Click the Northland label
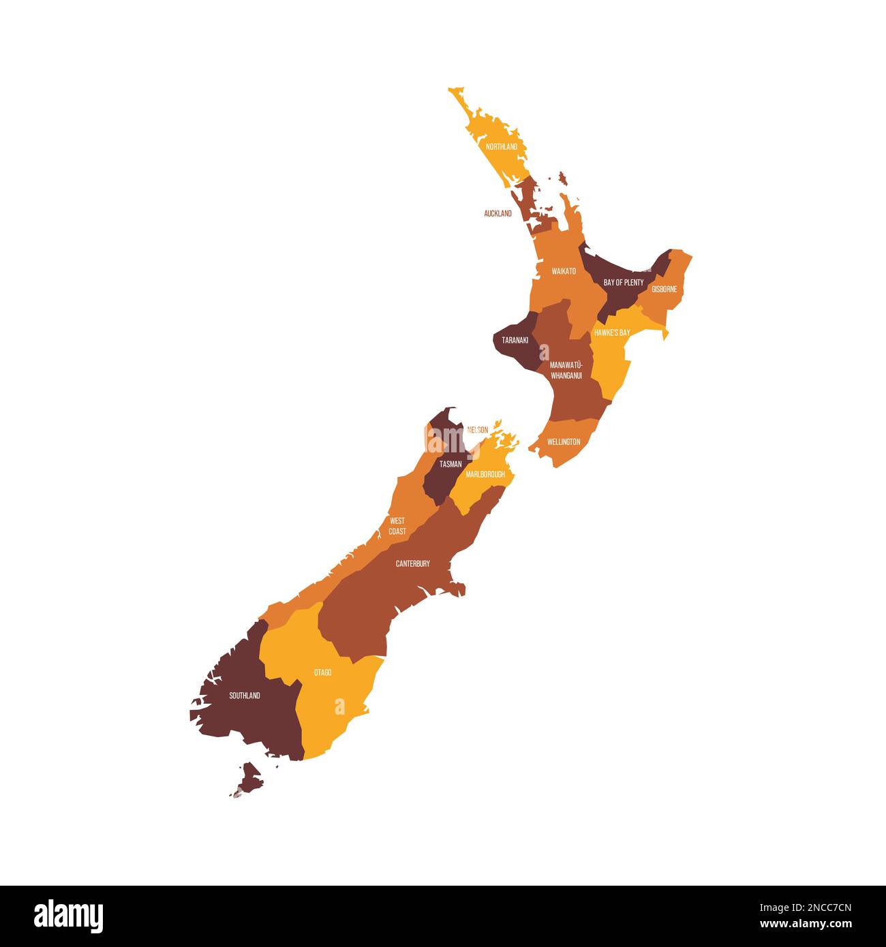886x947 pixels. (x=501, y=146)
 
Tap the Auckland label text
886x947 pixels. (x=498, y=213)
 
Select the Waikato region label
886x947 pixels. (x=564, y=271)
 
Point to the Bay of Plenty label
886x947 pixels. (x=623, y=282)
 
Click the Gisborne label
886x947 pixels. (x=664, y=289)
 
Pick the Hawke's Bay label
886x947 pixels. (x=611, y=332)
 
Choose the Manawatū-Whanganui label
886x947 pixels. (x=566, y=371)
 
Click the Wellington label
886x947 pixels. (x=564, y=441)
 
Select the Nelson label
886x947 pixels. (x=477, y=430)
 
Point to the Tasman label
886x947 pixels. (x=450, y=464)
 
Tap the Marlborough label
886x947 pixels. (x=485, y=473)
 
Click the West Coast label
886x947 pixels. (x=397, y=526)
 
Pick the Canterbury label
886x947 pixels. (x=412, y=563)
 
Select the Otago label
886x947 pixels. (x=322, y=672)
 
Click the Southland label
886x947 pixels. (x=244, y=696)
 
